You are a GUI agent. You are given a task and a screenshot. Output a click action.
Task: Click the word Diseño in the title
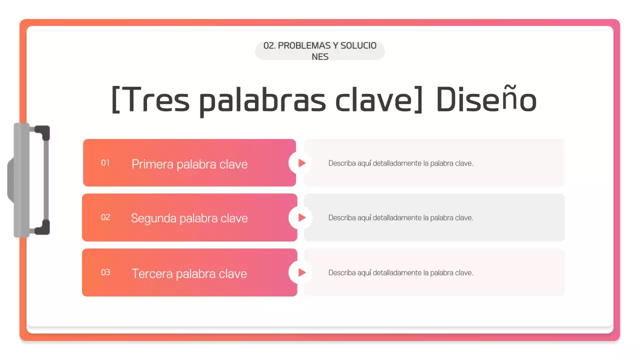(x=486, y=100)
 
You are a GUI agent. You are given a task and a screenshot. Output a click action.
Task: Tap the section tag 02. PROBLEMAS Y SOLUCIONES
(x=320, y=51)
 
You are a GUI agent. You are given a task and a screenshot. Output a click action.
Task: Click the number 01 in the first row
(x=105, y=162)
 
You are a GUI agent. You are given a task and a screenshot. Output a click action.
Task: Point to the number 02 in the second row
(x=105, y=217)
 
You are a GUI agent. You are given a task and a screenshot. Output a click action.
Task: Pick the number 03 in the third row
(x=105, y=272)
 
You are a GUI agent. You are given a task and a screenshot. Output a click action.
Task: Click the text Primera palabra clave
(x=189, y=164)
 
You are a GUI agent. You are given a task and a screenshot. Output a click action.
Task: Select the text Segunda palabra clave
(x=189, y=218)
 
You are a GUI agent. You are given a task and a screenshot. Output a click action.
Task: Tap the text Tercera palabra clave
(x=189, y=273)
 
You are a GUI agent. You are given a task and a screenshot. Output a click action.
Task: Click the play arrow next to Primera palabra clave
(x=301, y=163)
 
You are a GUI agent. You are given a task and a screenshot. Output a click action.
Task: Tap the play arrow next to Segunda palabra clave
(x=301, y=217)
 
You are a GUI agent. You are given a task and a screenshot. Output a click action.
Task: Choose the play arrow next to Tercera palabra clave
(x=301, y=272)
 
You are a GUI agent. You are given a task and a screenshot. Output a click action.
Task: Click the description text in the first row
(x=400, y=163)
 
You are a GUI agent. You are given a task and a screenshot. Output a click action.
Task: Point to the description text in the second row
(x=400, y=217)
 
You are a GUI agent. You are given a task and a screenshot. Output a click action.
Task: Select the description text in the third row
(x=400, y=272)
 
